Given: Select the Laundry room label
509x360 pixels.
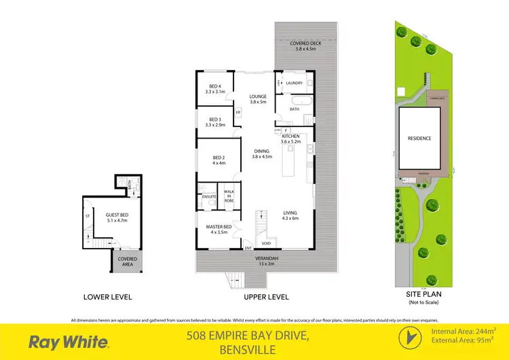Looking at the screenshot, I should [294, 83].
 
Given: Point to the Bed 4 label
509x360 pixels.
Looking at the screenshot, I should [215, 89].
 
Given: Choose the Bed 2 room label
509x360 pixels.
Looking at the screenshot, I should [218, 161].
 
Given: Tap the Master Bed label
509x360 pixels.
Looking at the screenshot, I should [219, 229].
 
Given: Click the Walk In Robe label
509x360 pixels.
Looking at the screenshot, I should [229, 196].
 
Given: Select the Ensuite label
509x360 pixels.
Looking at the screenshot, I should [208, 197].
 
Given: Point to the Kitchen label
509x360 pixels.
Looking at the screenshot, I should [290, 139].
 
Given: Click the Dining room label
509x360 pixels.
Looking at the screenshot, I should [261, 154].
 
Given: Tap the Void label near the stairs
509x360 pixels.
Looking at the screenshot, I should [267, 242].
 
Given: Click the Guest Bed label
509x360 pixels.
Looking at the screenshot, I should [117, 218].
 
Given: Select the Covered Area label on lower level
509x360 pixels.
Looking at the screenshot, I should [128, 262].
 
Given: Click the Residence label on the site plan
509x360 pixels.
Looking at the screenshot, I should [419, 139].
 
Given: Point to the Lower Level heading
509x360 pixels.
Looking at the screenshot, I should [107, 297].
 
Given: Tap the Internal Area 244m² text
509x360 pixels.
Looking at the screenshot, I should [464, 331].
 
